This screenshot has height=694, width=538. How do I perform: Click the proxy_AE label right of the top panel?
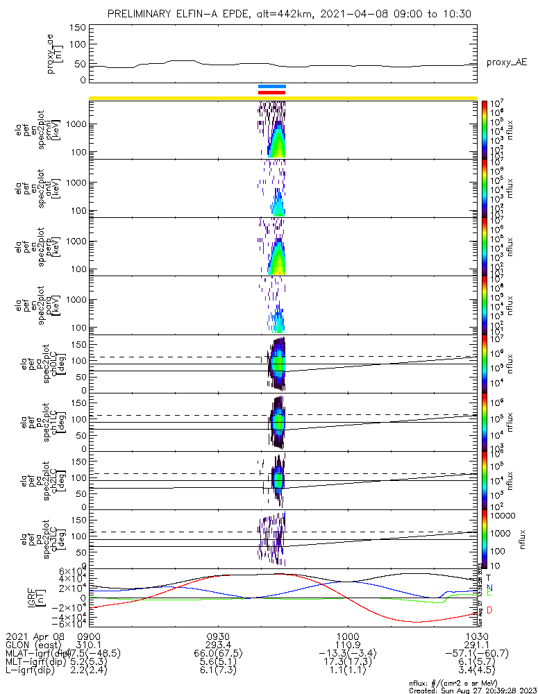pos(506,62)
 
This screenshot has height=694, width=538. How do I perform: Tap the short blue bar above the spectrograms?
pos(271,87)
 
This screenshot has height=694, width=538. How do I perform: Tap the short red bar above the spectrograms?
pos(271,92)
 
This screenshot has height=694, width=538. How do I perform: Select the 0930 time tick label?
pos(218,636)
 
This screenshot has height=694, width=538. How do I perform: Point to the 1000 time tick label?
pos(347,636)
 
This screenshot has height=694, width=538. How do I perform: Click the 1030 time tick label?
pos(476,636)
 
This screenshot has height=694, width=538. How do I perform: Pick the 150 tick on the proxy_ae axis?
pos(78,28)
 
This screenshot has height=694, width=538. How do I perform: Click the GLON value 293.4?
pos(218,645)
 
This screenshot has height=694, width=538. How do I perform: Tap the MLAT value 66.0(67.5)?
pos(218,654)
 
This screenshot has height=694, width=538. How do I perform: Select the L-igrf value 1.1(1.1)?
pos(347,672)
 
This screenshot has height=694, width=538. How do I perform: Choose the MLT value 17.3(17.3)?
pos(347,663)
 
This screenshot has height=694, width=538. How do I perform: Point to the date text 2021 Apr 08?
pos(33,636)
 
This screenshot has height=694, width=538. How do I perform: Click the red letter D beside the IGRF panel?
pos(489,610)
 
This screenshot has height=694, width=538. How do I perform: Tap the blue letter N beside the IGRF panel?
pos(489,589)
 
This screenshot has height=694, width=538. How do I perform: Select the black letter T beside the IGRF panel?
pos(489,577)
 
